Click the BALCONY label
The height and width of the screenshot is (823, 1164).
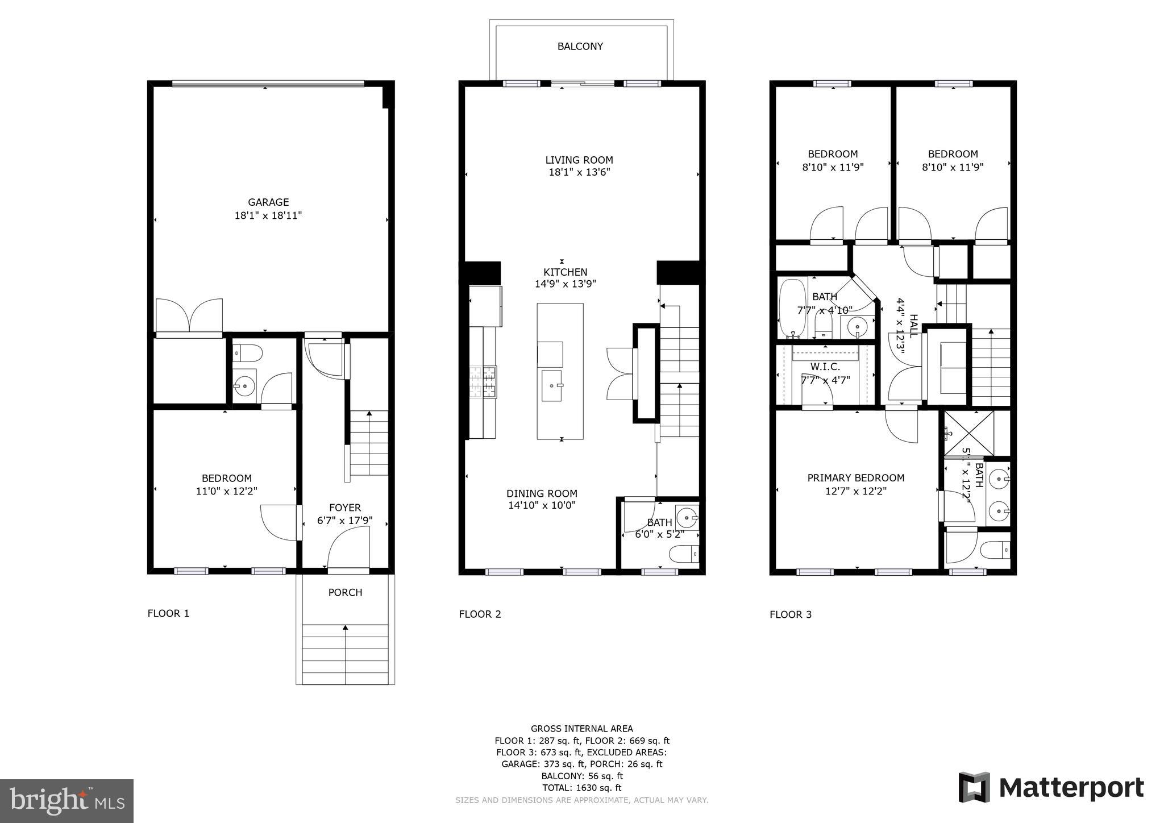pos(580,47)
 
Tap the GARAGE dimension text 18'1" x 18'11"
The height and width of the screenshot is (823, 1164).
pos(268,215)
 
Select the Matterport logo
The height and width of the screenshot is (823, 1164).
pos(1051,788)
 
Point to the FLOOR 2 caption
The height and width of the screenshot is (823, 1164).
pos(480,614)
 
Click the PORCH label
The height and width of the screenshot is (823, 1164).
pos(345,592)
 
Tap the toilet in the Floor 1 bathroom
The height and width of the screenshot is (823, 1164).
pos(248,354)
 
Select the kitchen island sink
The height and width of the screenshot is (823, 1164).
pos(551,385)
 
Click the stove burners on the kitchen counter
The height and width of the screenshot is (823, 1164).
pos(483,381)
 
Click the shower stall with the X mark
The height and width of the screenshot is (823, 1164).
pos(969,433)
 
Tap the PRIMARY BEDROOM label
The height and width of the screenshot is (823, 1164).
pos(855,478)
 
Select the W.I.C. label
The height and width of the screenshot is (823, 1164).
pos(825,367)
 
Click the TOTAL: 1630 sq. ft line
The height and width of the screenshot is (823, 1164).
pos(581,788)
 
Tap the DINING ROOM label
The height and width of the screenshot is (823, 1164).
pos(542,493)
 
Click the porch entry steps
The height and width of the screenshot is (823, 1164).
pos(345,654)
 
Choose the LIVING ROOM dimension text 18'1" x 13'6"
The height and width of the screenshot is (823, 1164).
pos(579,172)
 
